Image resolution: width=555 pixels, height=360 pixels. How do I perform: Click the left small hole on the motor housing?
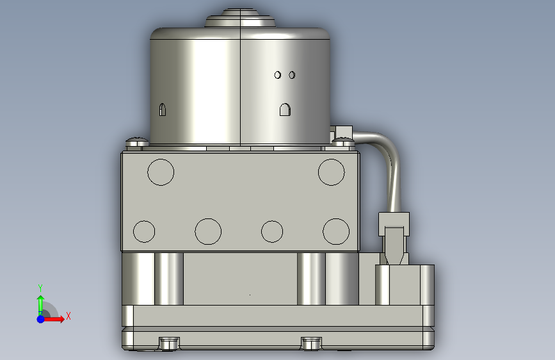pos(278,75)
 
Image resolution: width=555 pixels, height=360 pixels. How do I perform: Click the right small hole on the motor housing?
pos(292,75)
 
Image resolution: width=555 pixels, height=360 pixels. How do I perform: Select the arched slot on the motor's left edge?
pos(162,110)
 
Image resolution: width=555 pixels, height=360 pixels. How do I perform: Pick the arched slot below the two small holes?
pos(285,110)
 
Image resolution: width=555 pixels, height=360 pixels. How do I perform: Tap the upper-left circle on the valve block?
pos(161,172)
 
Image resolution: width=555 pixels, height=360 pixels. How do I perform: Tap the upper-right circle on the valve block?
pos(332,172)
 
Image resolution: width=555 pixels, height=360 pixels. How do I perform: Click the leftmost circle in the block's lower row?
pos(144,231)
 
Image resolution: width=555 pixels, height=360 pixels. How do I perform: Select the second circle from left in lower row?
pos(208,231)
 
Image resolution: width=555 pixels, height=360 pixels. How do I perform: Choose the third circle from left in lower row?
pos(272,231)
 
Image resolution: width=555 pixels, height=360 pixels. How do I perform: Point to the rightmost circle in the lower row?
pos(336,231)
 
